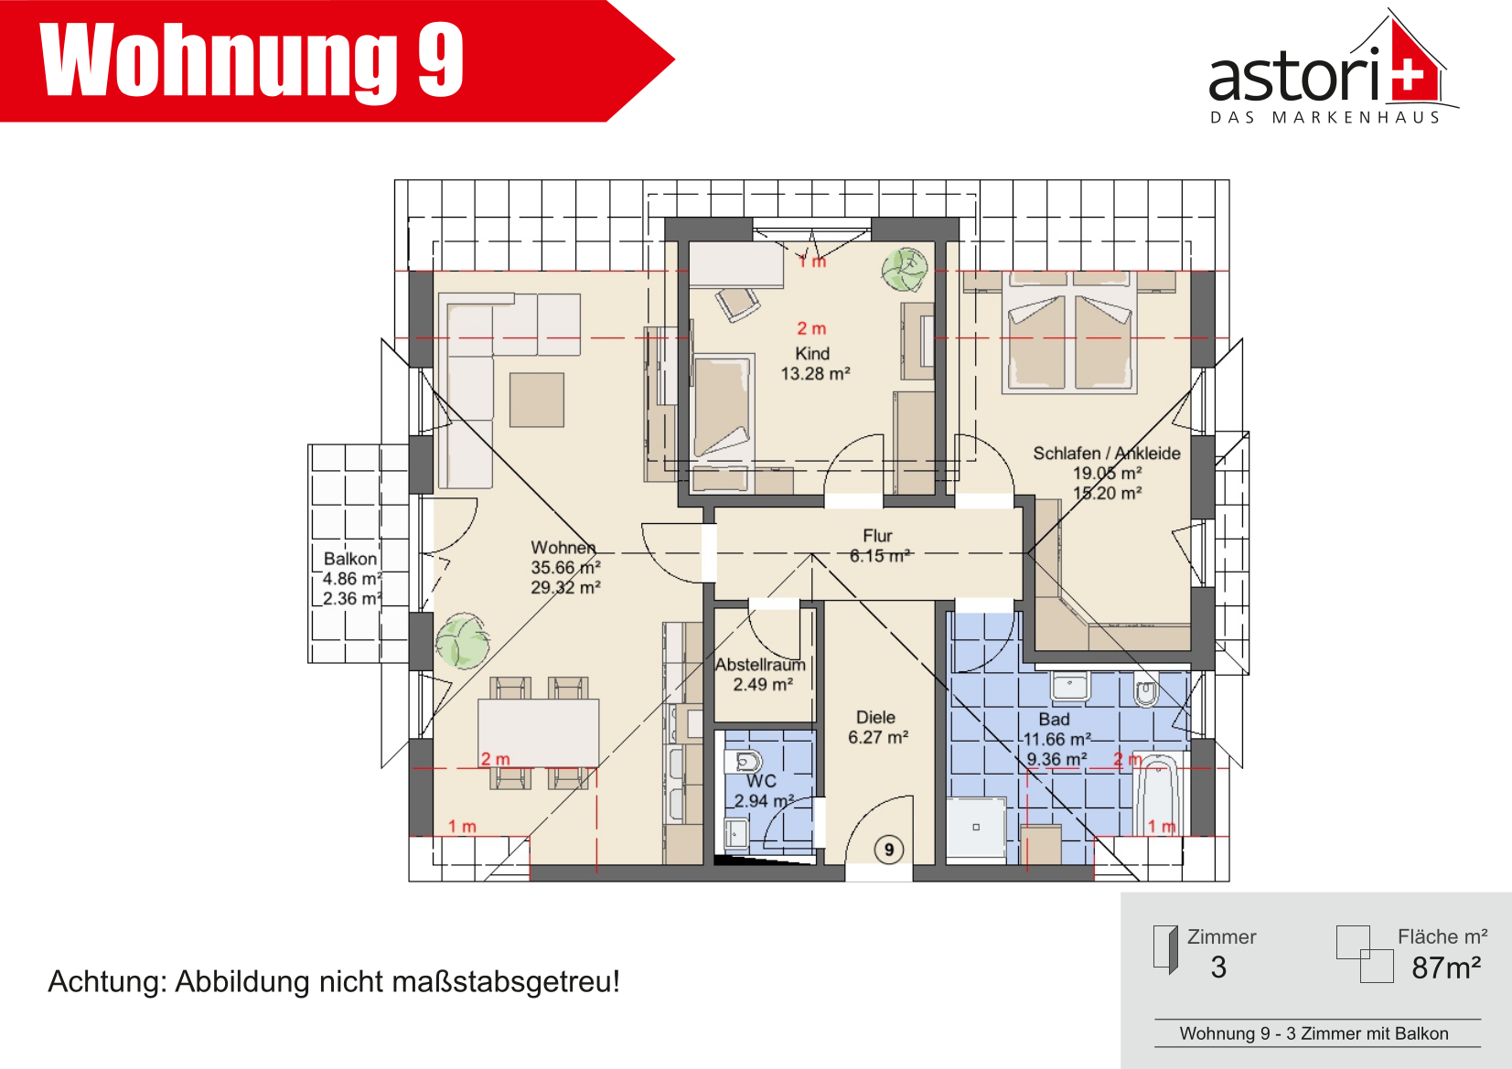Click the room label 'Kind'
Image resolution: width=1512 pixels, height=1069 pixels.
pos(812,354)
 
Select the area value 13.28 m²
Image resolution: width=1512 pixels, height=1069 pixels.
pos(815,373)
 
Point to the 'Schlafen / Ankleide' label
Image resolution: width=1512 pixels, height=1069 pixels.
pos(1107,454)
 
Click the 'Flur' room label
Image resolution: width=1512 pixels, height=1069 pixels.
pos(877,536)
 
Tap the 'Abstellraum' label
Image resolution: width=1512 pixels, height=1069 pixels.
pos(761,665)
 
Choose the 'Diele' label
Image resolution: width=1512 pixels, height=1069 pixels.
pos(875,717)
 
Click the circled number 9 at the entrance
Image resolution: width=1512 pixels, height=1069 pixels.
pos(889,850)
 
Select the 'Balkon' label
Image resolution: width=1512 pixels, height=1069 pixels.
pos(350,559)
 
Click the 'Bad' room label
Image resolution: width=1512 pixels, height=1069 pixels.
pos(1054,720)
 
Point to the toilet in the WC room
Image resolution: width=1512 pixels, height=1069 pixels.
pos(744,762)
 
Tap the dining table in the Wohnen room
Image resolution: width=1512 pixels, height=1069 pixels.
pos(538,732)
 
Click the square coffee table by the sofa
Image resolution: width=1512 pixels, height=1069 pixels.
pos(537,400)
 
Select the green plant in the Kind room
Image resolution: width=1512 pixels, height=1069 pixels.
pos(905,269)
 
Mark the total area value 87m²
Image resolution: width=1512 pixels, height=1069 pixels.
pos(1446,967)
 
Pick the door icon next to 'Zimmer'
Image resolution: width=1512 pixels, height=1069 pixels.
pos(1165,949)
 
